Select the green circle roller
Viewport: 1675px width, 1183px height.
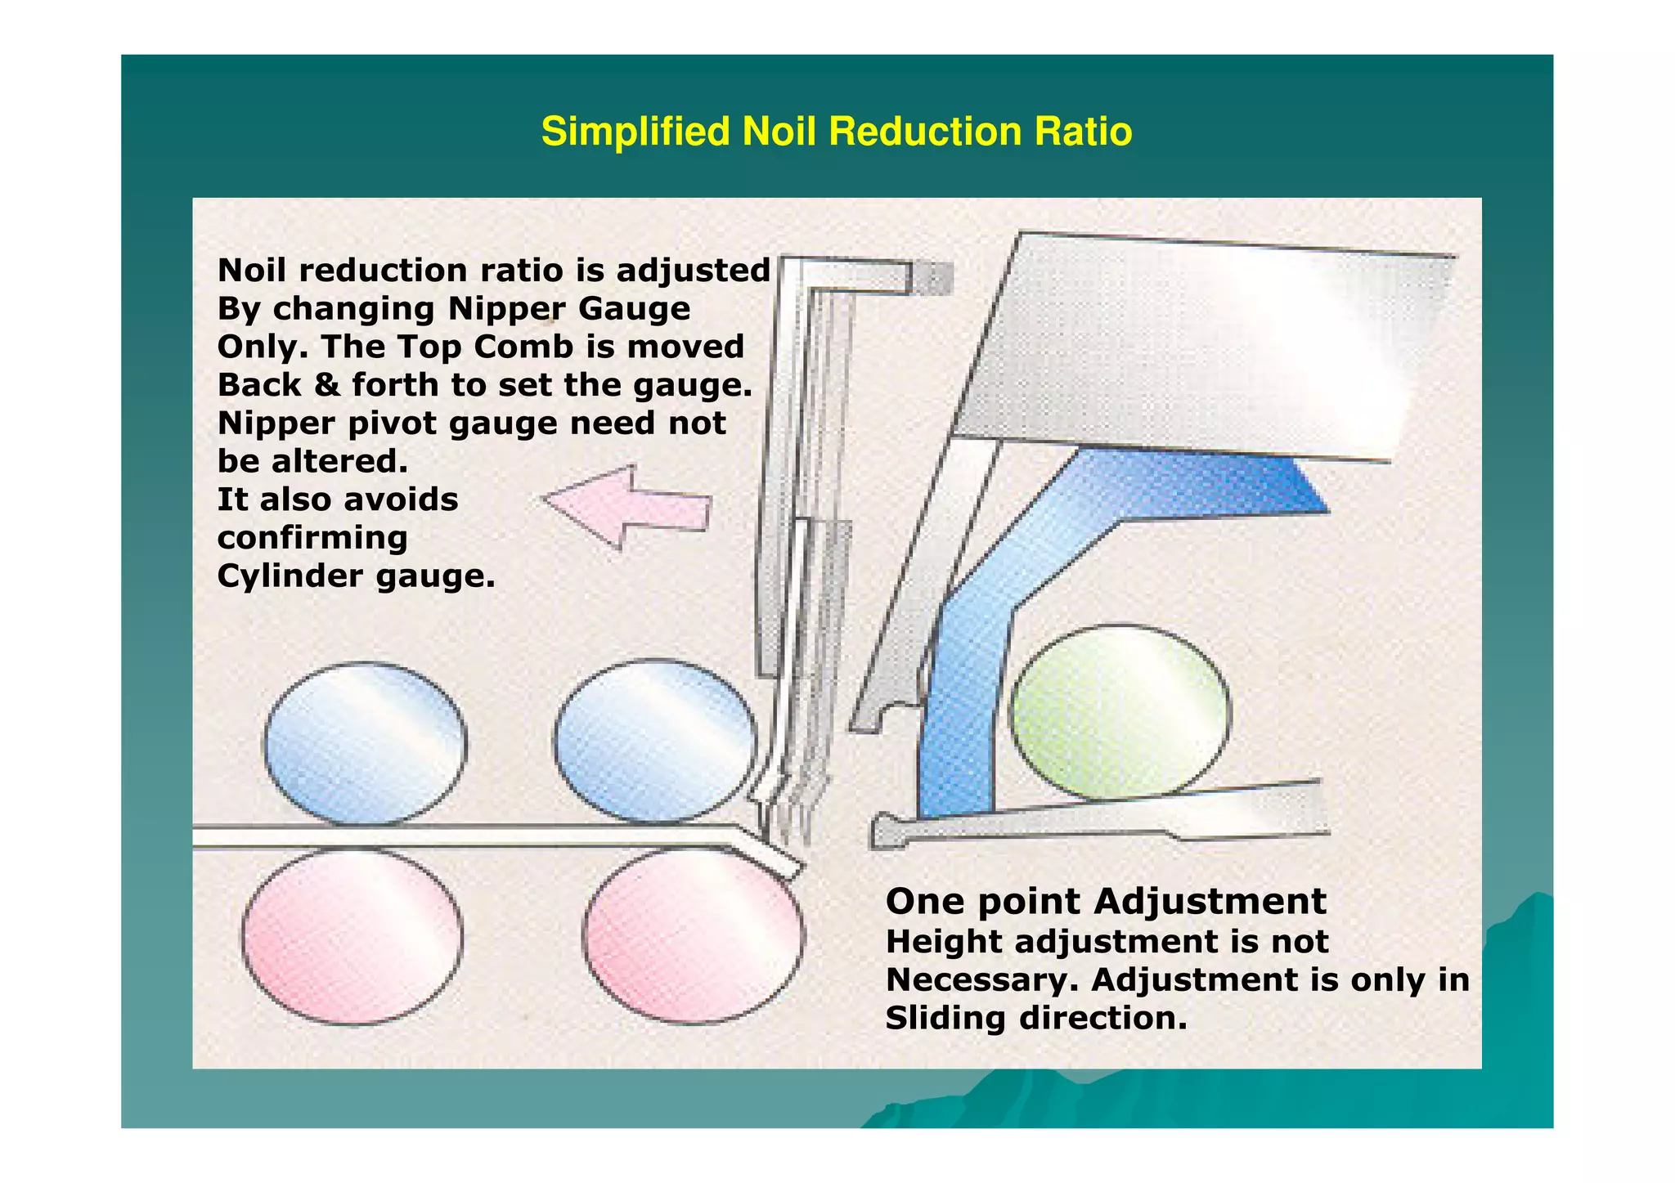[x=1120, y=711]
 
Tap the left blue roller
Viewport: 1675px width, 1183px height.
[x=365, y=742]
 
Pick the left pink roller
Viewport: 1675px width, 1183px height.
[x=353, y=936]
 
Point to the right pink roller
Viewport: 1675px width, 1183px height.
[x=694, y=936]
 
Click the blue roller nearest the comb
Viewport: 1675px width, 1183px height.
[x=655, y=740]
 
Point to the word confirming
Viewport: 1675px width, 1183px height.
[x=312, y=538]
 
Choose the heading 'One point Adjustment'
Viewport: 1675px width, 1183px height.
[x=1106, y=901]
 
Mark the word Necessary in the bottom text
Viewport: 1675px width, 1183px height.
[x=981, y=979]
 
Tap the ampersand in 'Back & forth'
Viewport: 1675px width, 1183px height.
[x=327, y=385]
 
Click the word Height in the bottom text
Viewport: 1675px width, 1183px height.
[x=944, y=942]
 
